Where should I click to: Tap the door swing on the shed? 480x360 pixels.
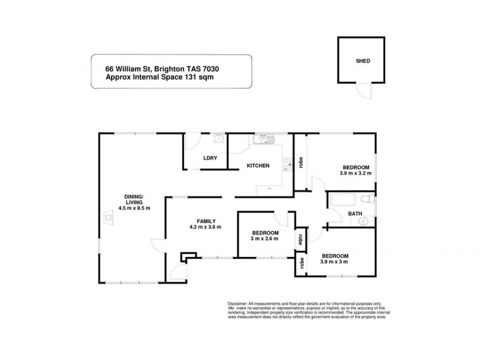(362, 91)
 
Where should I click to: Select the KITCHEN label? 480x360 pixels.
(257, 166)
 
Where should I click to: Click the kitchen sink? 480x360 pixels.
(263, 140)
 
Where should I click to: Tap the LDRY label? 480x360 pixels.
(210, 158)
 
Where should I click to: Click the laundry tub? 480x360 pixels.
(220, 139)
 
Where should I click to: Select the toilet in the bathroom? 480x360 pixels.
(368, 199)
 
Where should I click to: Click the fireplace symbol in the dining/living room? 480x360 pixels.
(108, 217)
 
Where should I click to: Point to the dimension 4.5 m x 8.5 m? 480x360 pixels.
(134, 208)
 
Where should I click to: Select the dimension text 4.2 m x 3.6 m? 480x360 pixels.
(205, 227)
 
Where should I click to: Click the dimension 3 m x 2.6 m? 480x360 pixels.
(265, 239)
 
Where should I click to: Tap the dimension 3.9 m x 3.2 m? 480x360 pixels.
(355, 173)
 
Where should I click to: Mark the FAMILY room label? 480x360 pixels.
(206, 220)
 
